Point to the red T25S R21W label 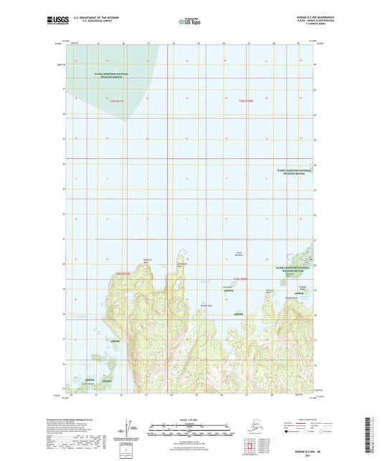click(126, 101)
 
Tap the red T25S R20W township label click(247, 101)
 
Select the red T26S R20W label click(244, 279)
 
